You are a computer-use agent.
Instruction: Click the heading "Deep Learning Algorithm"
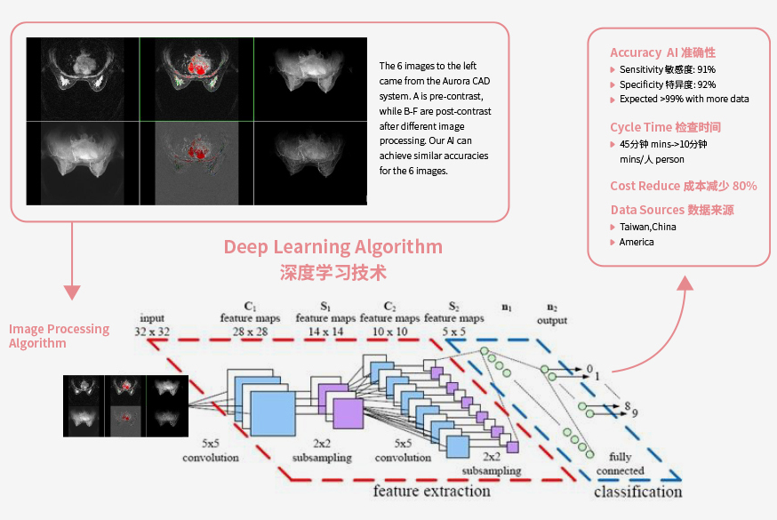click(333, 246)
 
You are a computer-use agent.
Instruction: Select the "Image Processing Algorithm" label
click(59, 336)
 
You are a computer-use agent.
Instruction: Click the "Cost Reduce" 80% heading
click(684, 186)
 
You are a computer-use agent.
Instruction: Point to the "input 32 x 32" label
click(152, 324)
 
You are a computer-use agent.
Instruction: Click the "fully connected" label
click(620, 463)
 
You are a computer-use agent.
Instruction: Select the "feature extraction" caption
click(431, 491)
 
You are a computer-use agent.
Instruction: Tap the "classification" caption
click(637, 492)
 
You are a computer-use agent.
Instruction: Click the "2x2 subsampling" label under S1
click(322, 450)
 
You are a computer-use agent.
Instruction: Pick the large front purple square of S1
click(348, 413)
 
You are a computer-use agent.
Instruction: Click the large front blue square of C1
click(273, 413)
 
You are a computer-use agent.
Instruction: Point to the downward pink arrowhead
click(72, 292)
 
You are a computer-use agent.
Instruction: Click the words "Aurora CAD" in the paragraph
click(467, 81)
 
